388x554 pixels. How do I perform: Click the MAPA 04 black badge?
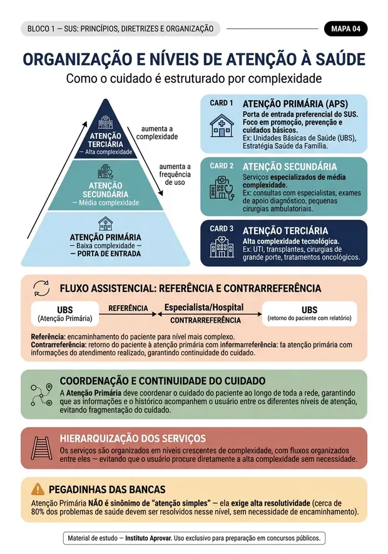coord(345,29)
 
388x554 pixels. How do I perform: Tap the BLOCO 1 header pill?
coord(120,29)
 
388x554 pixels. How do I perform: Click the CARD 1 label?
coord(222,103)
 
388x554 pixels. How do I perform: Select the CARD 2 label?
coord(222,165)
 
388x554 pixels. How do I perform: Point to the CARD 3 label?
coord(222,229)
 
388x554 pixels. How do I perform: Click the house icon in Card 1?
coord(222,125)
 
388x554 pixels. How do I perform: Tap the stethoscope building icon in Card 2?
coord(222,188)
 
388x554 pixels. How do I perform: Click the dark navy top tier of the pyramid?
coord(106,136)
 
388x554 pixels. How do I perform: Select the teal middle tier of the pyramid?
coord(106,186)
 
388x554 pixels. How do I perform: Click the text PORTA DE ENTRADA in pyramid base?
coord(106,254)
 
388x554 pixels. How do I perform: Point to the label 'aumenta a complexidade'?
coord(157,133)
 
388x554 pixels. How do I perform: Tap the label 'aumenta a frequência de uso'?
coord(175,174)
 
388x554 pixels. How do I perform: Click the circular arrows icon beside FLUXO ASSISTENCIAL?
coord(41,288)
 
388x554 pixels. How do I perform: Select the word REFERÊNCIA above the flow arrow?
coord(128,308)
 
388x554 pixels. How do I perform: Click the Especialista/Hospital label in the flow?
coord(204,307)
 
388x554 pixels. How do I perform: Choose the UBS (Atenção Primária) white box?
coord(65,313)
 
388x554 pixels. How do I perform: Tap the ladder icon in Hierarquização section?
coord(41,448)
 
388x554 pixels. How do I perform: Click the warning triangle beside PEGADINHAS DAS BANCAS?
coord(38,489)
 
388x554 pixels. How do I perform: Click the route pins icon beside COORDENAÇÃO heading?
coord(41,395)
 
